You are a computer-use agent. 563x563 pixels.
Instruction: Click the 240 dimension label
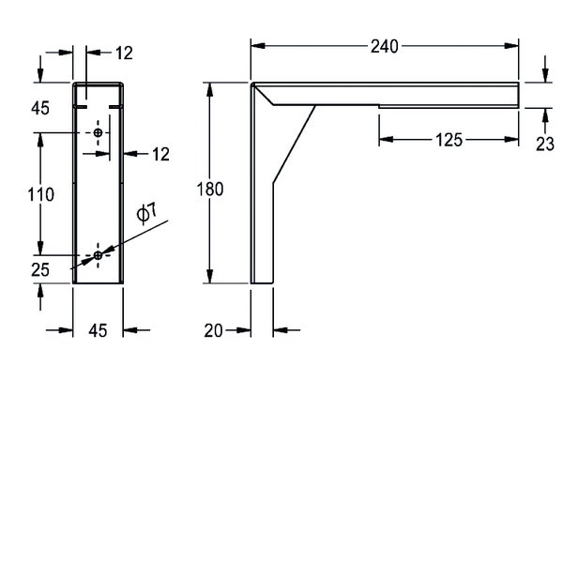click(384, 47)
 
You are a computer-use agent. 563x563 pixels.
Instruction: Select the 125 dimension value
click(449, 140)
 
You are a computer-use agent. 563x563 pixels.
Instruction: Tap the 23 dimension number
click(545, 145)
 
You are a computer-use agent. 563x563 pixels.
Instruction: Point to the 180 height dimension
click(210, 190)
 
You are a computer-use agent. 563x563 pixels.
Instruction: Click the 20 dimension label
click(213, 330)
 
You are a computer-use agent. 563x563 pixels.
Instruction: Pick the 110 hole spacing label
click(41, 194)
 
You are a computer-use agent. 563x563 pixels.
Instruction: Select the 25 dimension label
click(40, 270)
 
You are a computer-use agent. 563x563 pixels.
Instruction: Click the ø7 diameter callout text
click(146, 213)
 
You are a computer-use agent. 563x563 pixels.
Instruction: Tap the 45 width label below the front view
click(98, 330)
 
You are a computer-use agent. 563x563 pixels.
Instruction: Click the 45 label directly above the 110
click(40, 108)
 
